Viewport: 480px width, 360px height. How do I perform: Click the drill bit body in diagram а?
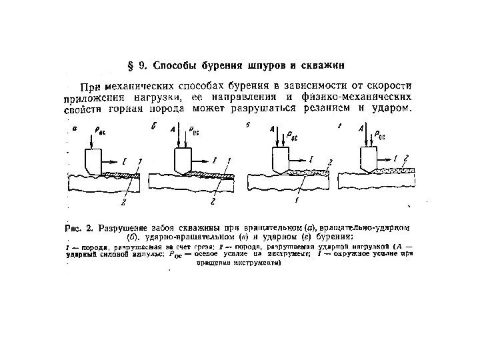point(91,160)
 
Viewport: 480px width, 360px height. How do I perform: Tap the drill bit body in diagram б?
point(179,160)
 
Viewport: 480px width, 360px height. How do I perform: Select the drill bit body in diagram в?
point(279,160)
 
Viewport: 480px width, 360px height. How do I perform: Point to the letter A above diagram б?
point(174,129)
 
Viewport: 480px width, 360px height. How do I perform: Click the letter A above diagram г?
point(361,127)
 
